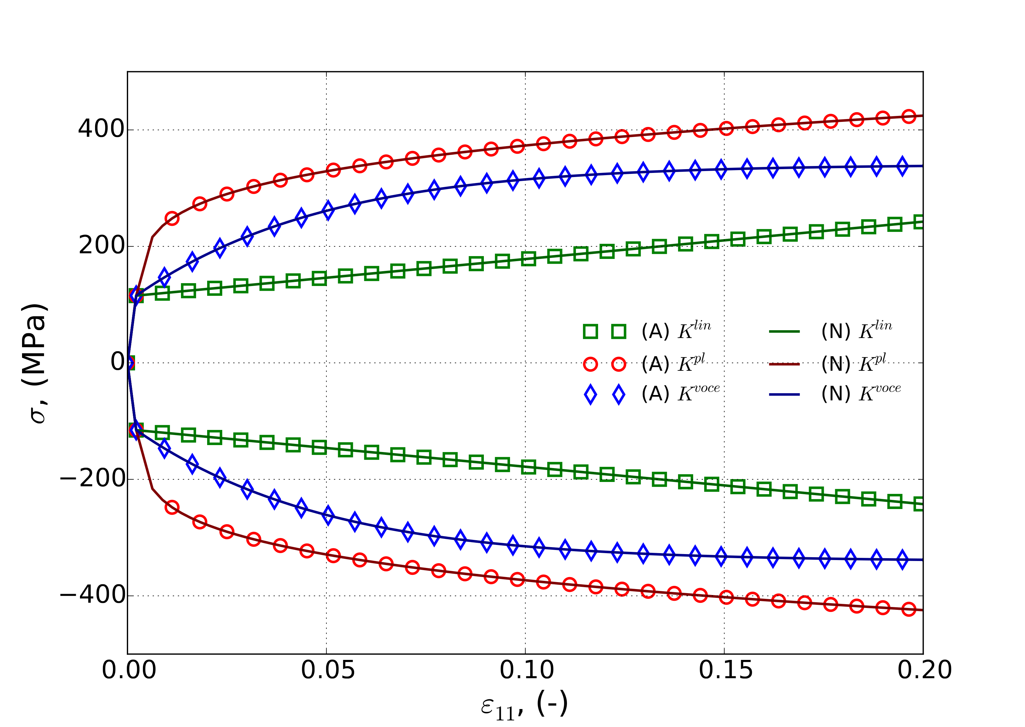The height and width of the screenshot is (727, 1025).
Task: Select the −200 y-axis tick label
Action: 92,479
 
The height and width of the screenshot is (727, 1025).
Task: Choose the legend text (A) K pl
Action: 673,363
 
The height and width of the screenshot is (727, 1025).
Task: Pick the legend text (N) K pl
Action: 853,363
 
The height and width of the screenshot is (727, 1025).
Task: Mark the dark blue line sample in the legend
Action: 784,394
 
